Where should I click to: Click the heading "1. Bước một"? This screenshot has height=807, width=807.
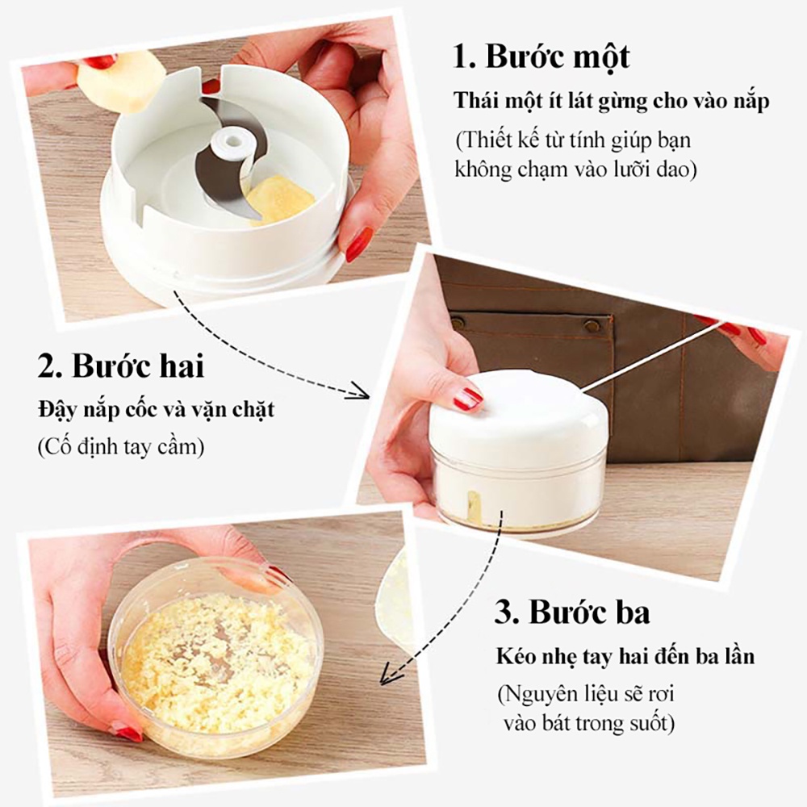click(541, 56)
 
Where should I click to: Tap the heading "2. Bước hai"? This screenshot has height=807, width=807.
click(121, 366)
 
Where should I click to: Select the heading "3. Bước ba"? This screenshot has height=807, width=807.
click(572, 612)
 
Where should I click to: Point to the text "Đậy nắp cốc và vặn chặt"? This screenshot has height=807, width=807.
click(156, 411)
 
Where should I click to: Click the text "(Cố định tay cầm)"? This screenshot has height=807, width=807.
click(121, 447)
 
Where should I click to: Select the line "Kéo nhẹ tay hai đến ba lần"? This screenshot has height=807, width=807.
click(625, 656)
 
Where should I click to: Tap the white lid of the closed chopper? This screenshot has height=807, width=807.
click(517, 412)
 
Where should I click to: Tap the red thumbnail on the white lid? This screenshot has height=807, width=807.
click(467, 399)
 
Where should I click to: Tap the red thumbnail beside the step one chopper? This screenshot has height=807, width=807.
click(359, 245)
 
